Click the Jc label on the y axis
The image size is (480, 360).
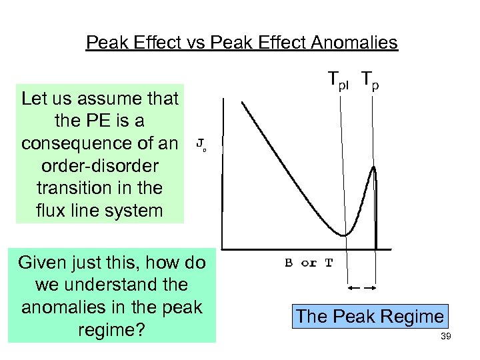[201, 144]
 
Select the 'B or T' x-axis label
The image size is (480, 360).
[309, 262]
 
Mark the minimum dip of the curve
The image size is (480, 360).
[343, 235]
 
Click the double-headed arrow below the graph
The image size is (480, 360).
[363, 288]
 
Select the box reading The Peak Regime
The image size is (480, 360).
[369, 316]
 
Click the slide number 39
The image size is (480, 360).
[446, 337]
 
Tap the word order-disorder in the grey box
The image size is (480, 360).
[100, 166]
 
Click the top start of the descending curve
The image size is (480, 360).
[243, 103]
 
